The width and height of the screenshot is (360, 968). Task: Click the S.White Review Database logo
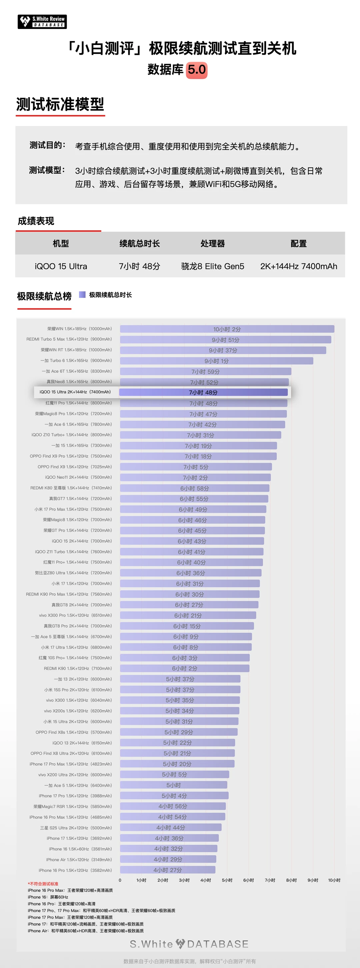point(42,22)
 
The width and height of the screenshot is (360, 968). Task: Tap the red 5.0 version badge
point(197,70)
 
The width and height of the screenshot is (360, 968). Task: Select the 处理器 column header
point(212,244)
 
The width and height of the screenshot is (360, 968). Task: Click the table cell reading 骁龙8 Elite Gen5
point(212,266)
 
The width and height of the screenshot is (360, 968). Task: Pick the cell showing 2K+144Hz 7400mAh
point(298,266)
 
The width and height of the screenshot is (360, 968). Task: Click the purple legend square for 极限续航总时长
point(82,295)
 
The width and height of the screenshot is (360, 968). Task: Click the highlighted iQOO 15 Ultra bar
point(203,392)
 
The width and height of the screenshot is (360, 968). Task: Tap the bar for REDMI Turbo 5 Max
point(225,340)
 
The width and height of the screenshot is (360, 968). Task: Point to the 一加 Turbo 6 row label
point(76,360)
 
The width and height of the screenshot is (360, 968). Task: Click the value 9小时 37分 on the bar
point(223,350)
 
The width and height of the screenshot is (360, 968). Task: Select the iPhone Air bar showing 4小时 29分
point(168,859)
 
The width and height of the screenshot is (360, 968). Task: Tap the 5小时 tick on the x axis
point(227,880)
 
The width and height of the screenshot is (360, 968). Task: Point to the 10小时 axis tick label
point(334,880)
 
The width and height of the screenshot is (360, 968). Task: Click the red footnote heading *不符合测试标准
point(43,884)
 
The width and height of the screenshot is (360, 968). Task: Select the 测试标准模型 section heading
point(60,104)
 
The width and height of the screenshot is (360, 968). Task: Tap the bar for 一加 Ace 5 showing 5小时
point(174,785)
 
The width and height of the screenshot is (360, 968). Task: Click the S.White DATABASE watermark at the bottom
point(189,944)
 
